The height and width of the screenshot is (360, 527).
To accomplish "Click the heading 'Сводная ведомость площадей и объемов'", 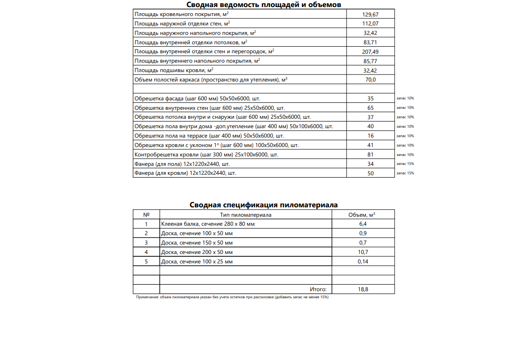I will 263,5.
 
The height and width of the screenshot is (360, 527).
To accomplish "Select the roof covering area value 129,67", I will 370,15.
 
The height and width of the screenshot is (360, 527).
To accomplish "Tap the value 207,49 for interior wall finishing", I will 370,52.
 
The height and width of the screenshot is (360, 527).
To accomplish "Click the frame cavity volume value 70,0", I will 370,80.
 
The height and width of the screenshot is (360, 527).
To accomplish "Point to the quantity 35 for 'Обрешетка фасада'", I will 370,98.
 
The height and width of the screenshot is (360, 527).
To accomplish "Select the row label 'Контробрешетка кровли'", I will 206,155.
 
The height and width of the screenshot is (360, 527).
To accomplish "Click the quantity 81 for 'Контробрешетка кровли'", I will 370,155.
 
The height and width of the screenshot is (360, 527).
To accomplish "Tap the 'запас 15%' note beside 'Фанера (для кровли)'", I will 405,173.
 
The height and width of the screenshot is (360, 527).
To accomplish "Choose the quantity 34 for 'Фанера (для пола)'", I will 370,164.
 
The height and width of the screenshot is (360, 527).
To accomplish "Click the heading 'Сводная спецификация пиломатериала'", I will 263,205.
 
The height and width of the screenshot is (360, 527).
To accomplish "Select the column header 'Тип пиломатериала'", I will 246,215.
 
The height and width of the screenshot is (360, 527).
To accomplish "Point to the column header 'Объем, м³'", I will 362,215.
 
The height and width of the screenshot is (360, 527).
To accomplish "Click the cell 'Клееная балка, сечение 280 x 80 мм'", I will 208,224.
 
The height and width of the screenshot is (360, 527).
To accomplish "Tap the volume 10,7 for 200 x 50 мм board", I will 363,252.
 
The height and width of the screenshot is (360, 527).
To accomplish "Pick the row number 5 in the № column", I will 146,262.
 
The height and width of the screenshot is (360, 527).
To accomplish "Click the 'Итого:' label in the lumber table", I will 318,289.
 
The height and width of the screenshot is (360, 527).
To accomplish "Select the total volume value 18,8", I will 363,289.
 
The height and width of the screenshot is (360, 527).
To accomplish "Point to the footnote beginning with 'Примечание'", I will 232,298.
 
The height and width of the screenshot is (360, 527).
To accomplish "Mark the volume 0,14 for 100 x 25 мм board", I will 363,262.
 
